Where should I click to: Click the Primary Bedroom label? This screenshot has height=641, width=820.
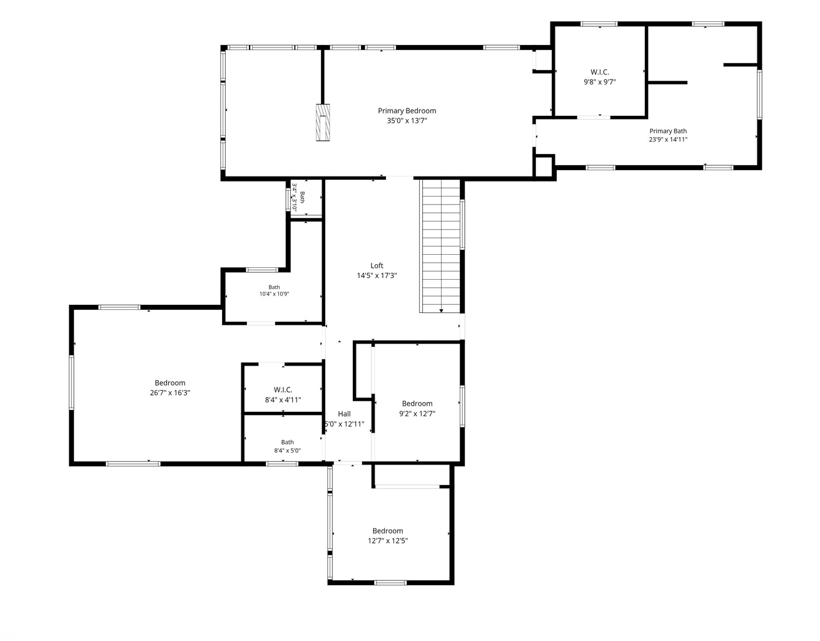point(407,111)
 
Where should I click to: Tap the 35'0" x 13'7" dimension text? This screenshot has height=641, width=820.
point(407,121)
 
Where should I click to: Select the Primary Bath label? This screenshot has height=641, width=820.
point(668,131)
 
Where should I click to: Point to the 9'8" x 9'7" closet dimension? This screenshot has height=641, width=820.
point(600,82)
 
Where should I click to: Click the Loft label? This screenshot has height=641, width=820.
point(377,265)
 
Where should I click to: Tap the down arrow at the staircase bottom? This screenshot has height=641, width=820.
point(441,310)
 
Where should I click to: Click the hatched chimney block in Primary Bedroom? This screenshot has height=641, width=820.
point(323,123)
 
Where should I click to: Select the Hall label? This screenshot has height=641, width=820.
point(344,414)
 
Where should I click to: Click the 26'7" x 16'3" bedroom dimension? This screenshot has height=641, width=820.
point(170,392)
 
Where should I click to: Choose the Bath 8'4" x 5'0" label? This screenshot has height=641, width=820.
point(287,446)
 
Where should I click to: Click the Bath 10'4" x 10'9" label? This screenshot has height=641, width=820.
point(274,290)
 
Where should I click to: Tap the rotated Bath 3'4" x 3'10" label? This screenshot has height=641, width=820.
point(298,197)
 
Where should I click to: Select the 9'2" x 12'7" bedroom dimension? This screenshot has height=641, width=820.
point(417,414)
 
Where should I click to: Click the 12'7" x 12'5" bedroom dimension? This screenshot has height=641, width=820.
point(388,541)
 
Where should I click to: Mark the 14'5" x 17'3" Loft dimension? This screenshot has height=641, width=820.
point(377,275)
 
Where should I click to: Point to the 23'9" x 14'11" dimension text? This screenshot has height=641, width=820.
point(668,140)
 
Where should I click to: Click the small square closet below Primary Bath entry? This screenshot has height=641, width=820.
point(544,167)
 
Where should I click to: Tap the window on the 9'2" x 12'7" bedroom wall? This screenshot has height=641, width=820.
point(462,406)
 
